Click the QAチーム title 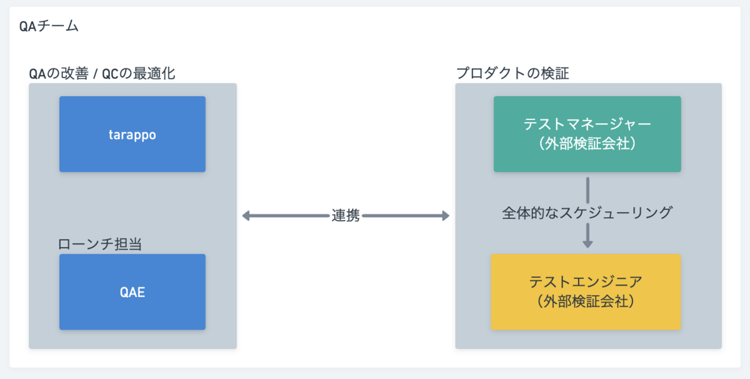coord(49,26)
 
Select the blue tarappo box coord(132,134)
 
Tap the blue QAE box coord(132,292)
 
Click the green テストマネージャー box coord(587,134)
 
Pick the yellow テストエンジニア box coord(586,292)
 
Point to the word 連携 coord(346,216)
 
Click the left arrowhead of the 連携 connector coord(246,216)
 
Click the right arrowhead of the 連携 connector coord(446,216)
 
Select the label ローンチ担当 coord(100,244)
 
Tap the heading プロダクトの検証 coord(512,73)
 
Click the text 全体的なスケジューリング coord(587,213)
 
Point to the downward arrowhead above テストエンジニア coord(587,244)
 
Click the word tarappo coord(132,135)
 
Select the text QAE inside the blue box coord(132,292)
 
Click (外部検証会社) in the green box coord(587,144)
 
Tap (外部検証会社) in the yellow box coord(586,301)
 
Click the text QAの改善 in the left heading coord(59,73)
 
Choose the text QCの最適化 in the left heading coord(139,73)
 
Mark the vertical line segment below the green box coord(587,190)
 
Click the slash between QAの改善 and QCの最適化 coord(96,74)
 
